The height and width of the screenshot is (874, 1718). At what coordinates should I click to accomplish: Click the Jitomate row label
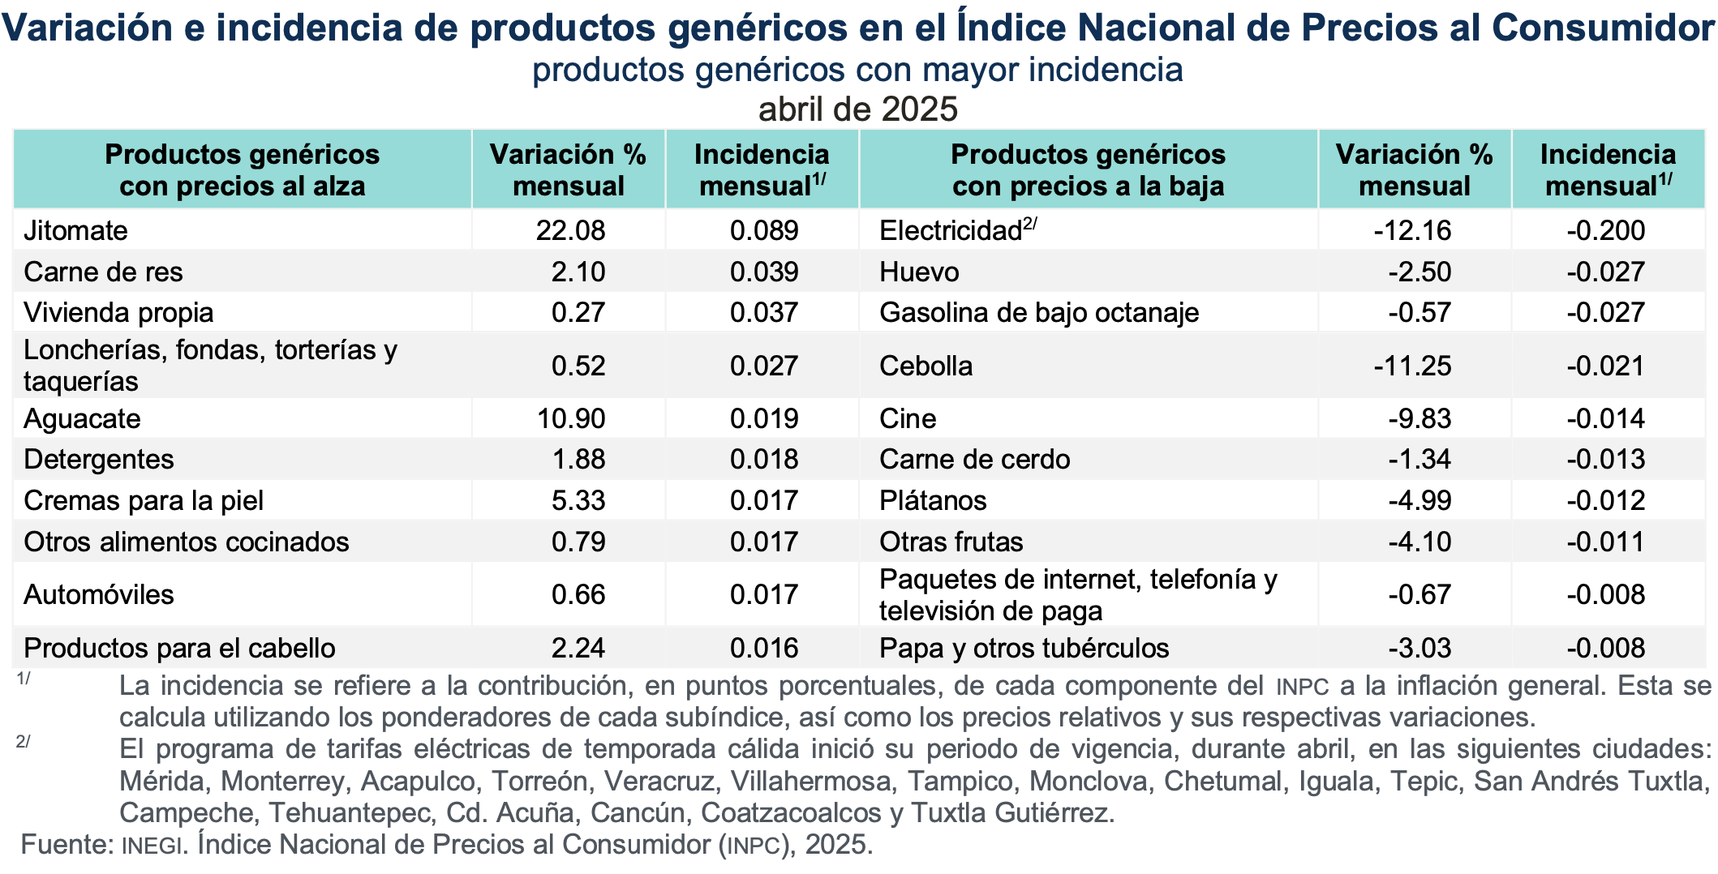pos(75,231)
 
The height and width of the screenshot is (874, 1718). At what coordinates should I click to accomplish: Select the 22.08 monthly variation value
pos(570,231)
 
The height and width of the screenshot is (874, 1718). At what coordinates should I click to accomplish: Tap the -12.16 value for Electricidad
pos(1412,231)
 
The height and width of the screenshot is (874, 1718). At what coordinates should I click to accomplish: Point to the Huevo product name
pos(919,272)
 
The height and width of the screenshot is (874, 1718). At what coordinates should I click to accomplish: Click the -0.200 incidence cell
pos(1605,231)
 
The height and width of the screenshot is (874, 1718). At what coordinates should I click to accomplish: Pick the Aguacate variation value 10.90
pos(571,419)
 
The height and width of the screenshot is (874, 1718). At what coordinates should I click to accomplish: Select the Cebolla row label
pos(926,366)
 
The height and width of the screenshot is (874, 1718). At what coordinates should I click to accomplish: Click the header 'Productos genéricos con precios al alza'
pos(242,170)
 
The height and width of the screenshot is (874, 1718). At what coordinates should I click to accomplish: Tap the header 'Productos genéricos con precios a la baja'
pos(1088,170)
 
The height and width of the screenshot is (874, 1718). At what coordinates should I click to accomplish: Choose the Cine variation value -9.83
pos(1419,419)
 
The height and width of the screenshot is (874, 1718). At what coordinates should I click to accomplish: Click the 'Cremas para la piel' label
pos(144,501)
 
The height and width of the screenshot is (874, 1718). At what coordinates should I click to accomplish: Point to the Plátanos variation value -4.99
pos(1419,501)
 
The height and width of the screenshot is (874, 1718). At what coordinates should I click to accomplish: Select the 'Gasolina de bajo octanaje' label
pos(1039,313)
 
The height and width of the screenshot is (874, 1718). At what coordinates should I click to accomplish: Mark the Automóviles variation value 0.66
pos(578,595)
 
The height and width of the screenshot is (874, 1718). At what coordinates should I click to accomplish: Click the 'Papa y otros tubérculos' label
pos(1024,649)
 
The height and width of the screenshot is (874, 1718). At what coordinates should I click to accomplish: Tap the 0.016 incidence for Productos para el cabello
pos(764,649)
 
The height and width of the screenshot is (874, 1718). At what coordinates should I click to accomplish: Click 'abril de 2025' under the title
pos(858,109)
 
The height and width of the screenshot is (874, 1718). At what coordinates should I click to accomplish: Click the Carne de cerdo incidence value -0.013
pos(1605,460)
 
